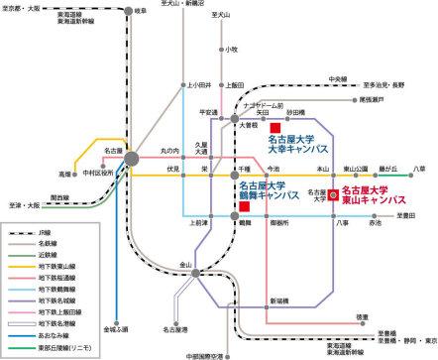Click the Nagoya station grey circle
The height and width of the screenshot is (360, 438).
(x=131, y=157)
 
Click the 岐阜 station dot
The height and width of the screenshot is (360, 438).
(x=131, y=11)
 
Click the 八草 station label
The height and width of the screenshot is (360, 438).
(x=418, y=171)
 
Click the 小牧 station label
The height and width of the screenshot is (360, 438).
(x=231, y=49)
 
